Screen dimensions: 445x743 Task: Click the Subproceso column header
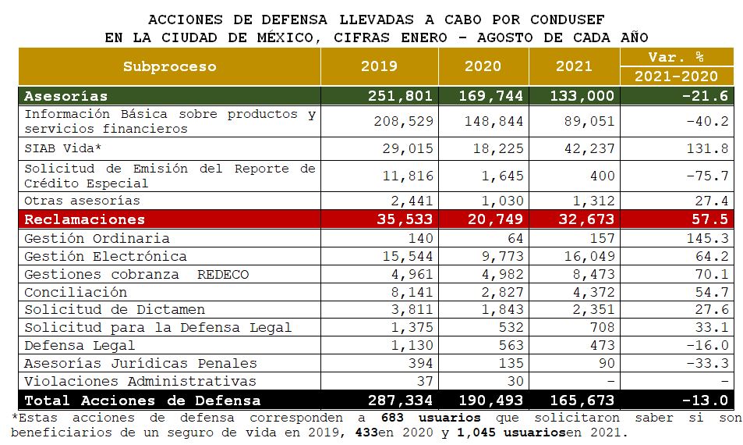tap(169, 66)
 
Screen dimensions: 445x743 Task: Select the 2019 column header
tap(379, 66)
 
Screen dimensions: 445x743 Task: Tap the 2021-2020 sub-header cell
tap(676, 76)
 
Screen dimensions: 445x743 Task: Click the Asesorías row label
tap(65, 96)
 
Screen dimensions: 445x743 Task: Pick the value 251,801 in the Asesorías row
tap(399, 96)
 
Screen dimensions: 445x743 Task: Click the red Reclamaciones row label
tap(84, 219)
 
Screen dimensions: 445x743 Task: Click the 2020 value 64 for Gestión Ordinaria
tap(515, 238)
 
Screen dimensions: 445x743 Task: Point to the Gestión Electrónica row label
tap(105, 256)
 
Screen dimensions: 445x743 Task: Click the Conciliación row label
tap(76, 292)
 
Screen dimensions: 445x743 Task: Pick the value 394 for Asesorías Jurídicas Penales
tap(419, 363)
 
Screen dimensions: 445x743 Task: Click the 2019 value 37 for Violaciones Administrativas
tap(423, 381)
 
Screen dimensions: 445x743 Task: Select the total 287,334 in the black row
tap(399, 400)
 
